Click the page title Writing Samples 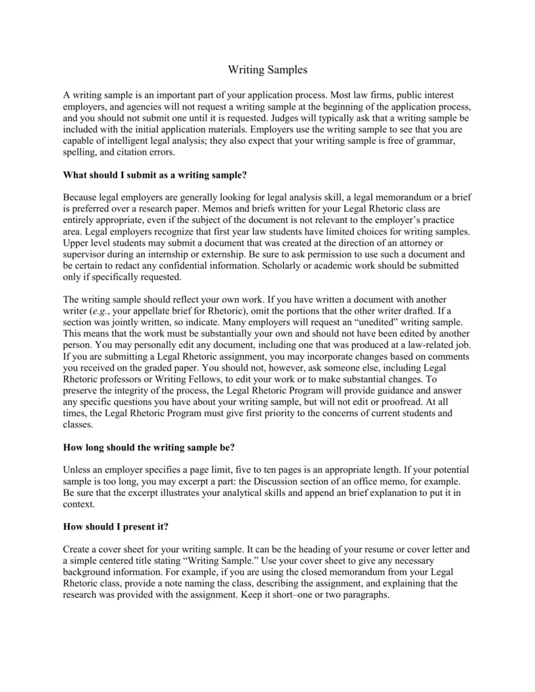[x=267, y=70]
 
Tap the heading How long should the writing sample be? [x=148, y=447]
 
